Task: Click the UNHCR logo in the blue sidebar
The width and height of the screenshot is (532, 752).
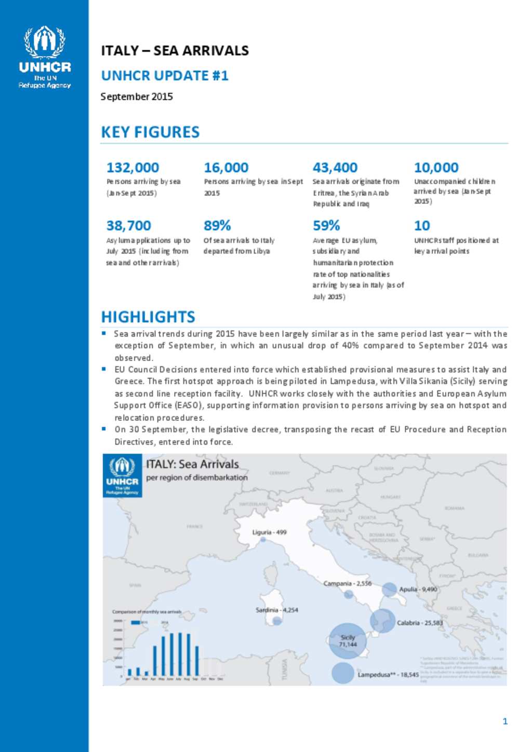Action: click(45, 57)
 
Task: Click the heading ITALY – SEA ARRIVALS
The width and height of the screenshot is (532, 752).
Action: click(175, 50)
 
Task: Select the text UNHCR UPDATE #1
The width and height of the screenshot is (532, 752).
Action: click(165, 76)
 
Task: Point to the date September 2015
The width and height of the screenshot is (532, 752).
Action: click(137, 97)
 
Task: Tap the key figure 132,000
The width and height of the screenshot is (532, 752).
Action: click(132, 168)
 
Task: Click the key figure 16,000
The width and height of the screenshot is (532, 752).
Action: click(226, 168)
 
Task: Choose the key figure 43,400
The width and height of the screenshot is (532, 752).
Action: click(335, 168)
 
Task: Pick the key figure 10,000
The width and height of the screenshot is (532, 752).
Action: click(436, 168)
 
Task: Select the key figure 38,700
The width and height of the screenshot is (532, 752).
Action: click(128, 226)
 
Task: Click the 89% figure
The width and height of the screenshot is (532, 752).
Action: click(217, 226)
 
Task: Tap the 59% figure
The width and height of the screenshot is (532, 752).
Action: click(326, 226)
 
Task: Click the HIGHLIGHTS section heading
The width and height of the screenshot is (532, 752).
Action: click(148, 317)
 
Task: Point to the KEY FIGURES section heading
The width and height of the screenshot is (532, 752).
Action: click(150, 132)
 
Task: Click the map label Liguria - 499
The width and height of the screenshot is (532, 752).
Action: click(269, 532)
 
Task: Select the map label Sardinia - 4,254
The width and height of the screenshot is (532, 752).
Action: click(276, 610)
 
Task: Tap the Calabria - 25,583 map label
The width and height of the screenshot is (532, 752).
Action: click(420, 623)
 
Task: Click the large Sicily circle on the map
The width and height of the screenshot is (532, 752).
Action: click(348, 641)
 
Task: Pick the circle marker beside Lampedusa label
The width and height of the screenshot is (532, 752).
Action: click(342, 673)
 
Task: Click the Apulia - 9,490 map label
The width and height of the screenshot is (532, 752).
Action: click(418, 589)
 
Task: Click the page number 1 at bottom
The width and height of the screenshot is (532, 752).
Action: click(505, 721)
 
